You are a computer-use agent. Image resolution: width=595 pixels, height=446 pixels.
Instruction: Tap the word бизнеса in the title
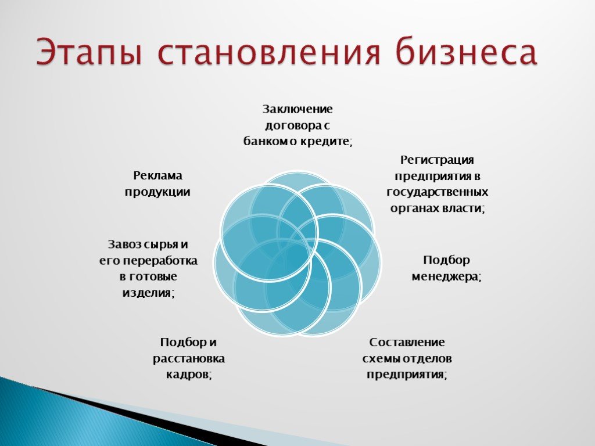[x=466, y=50]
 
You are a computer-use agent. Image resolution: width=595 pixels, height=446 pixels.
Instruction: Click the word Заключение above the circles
[x=297, y=109]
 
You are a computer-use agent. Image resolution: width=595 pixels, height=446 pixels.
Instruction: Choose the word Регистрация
[x=437, y=160]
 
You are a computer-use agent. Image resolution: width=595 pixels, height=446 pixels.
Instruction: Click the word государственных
[x=438, y=192]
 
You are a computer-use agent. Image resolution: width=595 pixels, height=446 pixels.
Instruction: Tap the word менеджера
[x=447, y=277]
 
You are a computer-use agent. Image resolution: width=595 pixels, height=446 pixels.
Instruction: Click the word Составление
[x=407, y=342]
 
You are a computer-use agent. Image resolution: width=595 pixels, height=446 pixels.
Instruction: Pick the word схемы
[x=381, y=358]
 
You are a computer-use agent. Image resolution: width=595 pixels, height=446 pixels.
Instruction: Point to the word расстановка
[x=189, y=358]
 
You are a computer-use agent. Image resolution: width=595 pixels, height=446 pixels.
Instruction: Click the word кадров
[x=189, y=375]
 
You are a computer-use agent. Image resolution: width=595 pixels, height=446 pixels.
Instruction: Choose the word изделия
[x=148, y=293]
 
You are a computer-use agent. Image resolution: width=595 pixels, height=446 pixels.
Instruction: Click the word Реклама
[x=158, y=176]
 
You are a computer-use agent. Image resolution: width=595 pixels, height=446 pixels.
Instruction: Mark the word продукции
[x=157, y=192]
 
